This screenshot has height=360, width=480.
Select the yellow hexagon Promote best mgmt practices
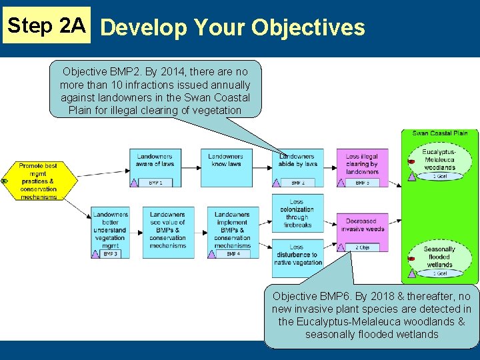pos(38,181)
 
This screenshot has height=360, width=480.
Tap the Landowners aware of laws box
pos(155,164)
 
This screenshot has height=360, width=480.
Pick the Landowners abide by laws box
pos(297,164)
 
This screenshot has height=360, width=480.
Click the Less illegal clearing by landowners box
pos(362,164)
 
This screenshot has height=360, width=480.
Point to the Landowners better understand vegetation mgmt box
pos(110,231)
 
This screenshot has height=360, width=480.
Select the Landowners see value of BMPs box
pos(168,231)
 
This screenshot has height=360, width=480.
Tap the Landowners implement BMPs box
pos(232,231)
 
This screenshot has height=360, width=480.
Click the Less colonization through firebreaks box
pos(297,213)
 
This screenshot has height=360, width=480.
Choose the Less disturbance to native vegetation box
pos(297,254)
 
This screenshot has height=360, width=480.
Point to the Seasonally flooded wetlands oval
pos(439,257)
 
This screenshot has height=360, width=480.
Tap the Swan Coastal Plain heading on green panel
pos(440,133)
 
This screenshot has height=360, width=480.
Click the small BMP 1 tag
pos(155,183)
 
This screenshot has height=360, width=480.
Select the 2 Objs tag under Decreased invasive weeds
pos(363,247)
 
